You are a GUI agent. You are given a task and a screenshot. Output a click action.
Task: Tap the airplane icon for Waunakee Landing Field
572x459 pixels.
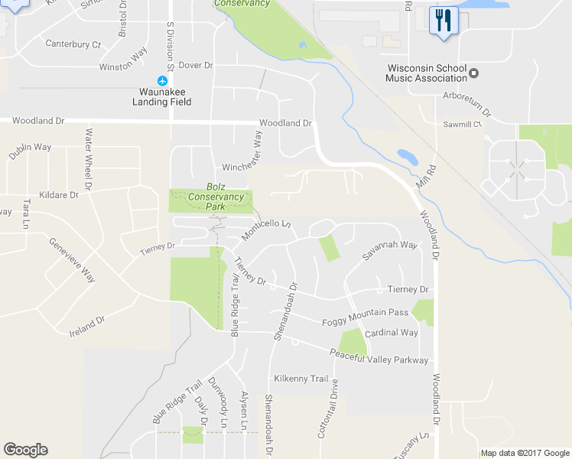click(x=162, y=80)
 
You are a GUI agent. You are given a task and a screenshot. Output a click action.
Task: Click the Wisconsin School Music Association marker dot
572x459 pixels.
click(x=474, y=73)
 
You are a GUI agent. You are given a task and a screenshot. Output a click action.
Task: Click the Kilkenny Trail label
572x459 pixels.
click(x=301, y=379)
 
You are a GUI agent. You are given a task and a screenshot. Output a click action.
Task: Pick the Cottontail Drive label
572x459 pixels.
click(x=327, y=409)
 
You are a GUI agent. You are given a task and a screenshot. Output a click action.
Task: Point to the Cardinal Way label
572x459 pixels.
click(x=391, y=333)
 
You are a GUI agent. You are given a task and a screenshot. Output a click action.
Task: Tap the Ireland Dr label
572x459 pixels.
click(x=86, y=327)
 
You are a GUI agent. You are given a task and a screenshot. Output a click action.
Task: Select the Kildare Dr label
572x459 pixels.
click(x=57, y=195)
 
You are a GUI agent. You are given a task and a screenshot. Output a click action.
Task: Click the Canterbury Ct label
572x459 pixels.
click(x=73, y=44)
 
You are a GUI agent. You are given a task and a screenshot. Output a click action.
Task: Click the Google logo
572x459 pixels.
click(x=25, y=450)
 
